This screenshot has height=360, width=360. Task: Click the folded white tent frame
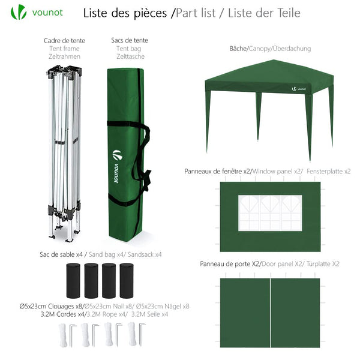point(64,150)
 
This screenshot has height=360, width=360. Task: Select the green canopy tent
point(269,96)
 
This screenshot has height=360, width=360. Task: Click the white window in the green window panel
point(270,213)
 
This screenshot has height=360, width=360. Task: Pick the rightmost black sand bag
point(127,279)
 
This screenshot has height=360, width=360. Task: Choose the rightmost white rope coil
point(131,334)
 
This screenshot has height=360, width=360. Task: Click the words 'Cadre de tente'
point(64,41)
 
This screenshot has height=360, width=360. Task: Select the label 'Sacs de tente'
point(130,40)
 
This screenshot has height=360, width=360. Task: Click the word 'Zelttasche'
point(130,56)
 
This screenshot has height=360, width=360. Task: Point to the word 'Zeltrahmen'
point(64,56)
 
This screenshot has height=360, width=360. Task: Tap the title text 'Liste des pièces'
point(125,13)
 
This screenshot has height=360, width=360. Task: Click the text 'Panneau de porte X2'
point(231,264)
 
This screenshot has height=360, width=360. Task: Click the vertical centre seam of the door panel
point(271,312)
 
